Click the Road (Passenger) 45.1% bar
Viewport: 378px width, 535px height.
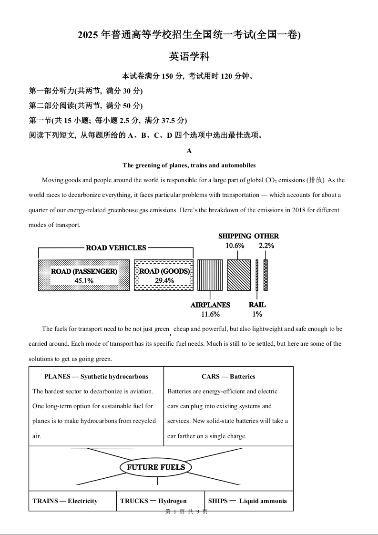[x=84, y=275]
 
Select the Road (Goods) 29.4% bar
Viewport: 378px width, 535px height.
[x=164, y=275]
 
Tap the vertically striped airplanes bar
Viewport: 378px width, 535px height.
[x=210, y=275]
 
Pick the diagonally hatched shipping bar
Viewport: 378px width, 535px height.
[x=238, y=275]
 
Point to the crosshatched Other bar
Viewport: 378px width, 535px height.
[x=266, y=275]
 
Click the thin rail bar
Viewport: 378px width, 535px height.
[x=257, y=275]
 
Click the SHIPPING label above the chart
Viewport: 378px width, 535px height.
[x=235, y=236]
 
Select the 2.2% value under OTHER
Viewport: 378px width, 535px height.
[x=266, y=246]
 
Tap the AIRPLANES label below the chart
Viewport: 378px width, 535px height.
[x=210, y=305]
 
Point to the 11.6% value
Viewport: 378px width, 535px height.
[x=210, y=314]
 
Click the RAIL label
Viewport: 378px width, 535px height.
[x=257, y=305]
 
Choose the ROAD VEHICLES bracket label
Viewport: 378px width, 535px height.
[x=116, y=248]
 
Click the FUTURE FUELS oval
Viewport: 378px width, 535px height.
[x=156, y=467]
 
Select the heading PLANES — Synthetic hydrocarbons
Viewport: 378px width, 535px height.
[x=96, y=377]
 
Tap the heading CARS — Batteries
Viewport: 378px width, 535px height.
[x=228, y=377]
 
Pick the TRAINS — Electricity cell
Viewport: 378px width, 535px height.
[x=65, y=501]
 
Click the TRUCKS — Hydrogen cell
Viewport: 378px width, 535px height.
[x=153, y=501]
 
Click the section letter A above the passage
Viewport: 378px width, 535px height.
[x=189, y=151]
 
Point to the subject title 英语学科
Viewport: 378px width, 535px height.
[x=189, y=57]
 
